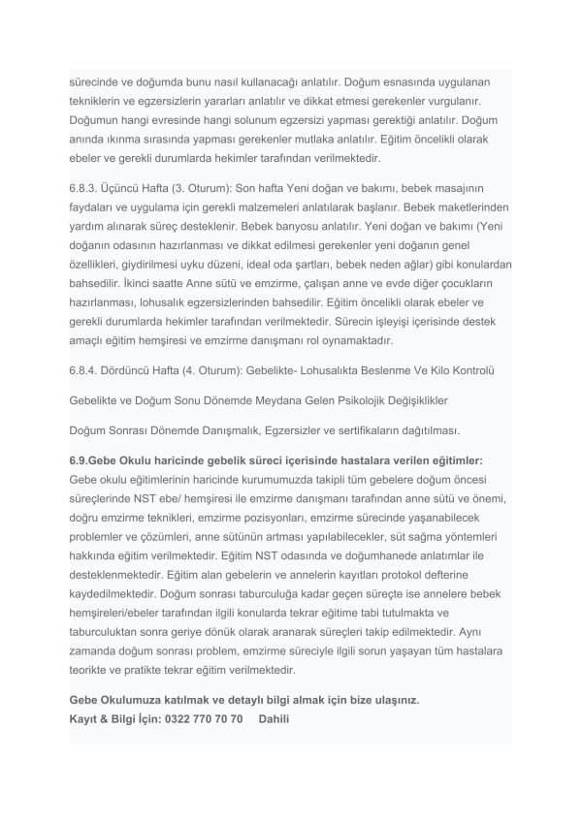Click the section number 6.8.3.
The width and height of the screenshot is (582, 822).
click(85, 186)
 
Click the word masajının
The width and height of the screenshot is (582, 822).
click(472, 186)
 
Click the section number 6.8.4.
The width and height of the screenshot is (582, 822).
click(85, 370)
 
